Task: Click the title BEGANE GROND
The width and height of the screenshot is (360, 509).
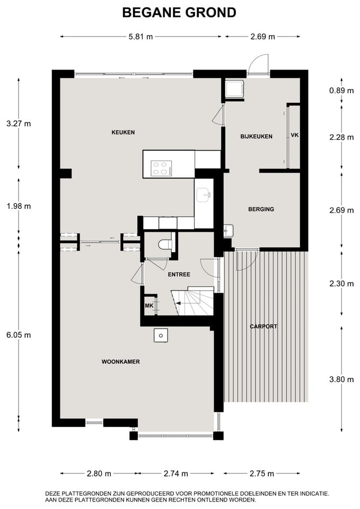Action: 179,13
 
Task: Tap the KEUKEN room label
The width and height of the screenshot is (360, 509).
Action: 123,133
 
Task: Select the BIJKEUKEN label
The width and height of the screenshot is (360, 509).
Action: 256,137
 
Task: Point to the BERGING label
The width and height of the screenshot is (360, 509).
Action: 261,209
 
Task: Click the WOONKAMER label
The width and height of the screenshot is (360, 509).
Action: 120,362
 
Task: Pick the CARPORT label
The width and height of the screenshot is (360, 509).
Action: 264,327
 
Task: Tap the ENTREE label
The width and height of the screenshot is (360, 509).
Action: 179,275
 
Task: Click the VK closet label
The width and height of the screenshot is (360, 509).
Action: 295,136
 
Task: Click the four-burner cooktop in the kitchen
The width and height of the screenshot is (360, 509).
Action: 162,169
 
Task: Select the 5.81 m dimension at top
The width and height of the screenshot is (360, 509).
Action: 141,37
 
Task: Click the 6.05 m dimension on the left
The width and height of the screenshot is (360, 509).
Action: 19,335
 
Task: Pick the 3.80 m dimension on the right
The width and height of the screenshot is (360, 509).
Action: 341,379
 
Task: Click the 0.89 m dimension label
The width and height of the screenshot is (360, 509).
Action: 341,91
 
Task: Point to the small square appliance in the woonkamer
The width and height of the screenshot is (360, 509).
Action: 161,335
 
